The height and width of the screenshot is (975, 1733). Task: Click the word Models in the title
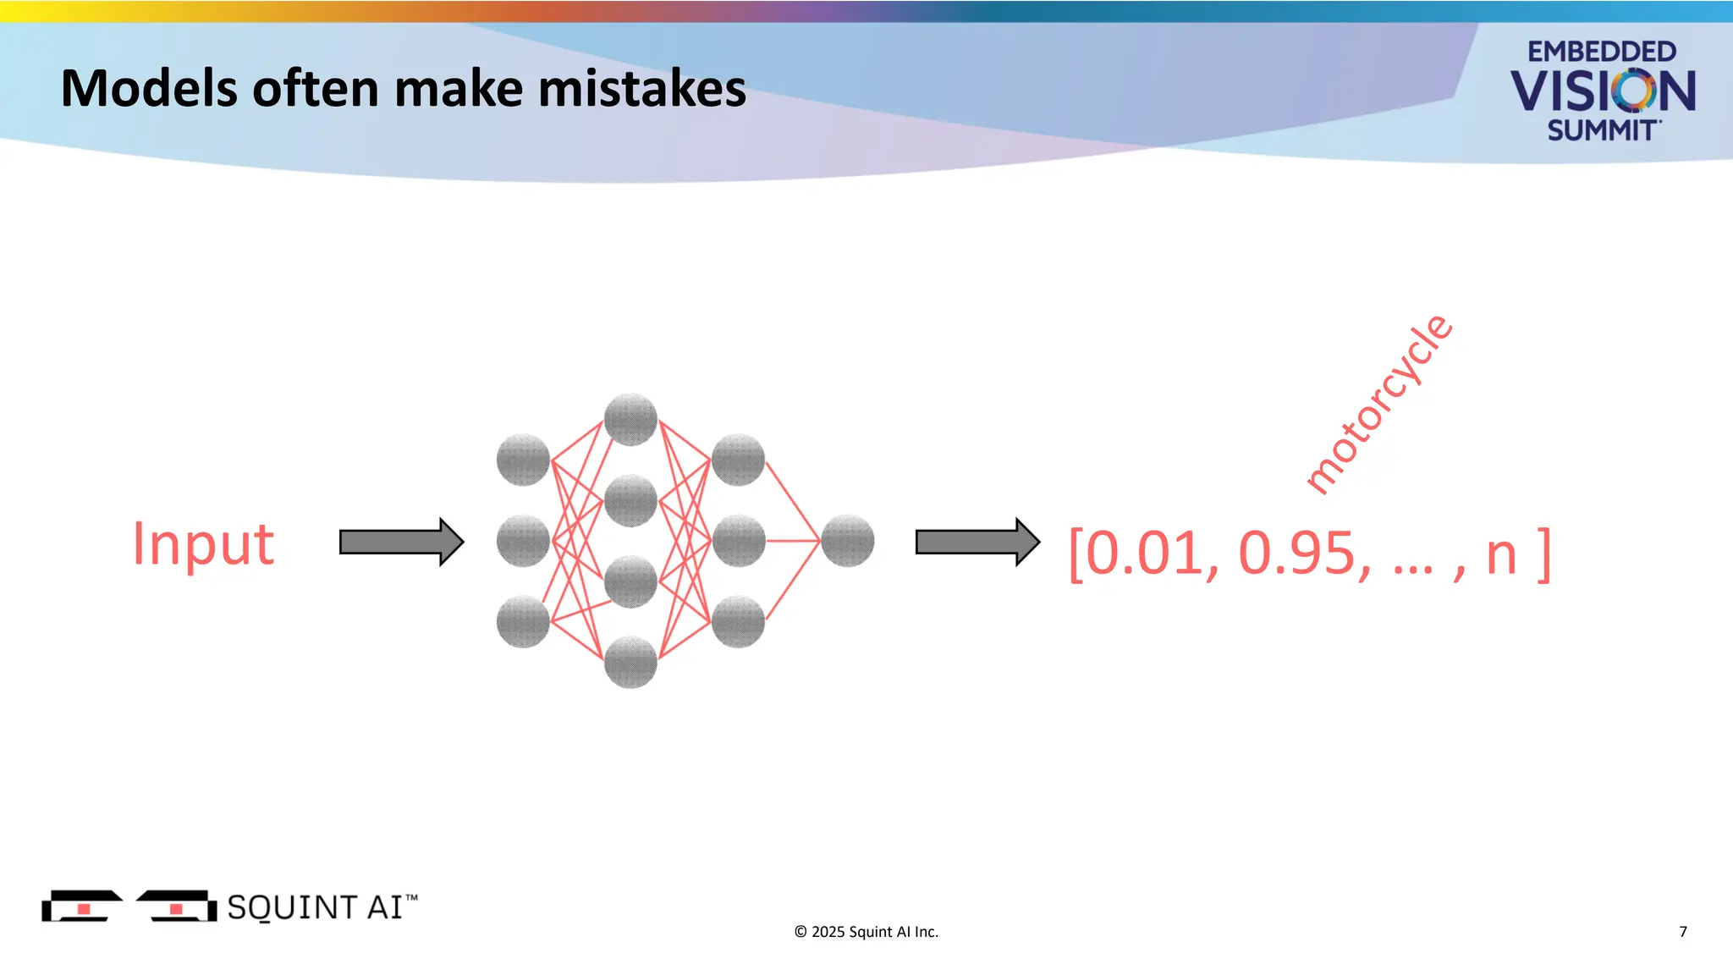pyautogui.click(x=149, y=89)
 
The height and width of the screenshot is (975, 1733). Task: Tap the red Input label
pyautogui.click(x=203, y=544)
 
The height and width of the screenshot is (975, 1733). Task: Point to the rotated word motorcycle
pyautogui.click(x=1378, y=405)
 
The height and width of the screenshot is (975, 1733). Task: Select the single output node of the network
pyautogui.click(x=847, y=541)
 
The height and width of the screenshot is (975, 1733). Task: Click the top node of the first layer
pyautogui.click(x=523, y=460)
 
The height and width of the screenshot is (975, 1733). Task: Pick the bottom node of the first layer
pyautogui.click(x=523, y=621)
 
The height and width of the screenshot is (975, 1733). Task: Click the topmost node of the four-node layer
pyautogui.click(x=630, y=419)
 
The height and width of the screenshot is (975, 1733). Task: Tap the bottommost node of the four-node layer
pyautogui.click(x=630, y=662)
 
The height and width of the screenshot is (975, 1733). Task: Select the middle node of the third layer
pyautogui.click(x=738, y=541)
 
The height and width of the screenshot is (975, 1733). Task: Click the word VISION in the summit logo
pyautogui.click(x=1602, y=91)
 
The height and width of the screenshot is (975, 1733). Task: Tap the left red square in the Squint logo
pyautogui.click(x=84, y=909)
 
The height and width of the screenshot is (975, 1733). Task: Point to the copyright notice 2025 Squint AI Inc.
pyautogui.click(x=866, y=932)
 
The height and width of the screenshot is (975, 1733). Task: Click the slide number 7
pyautogui.click(x=1682, y=932)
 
